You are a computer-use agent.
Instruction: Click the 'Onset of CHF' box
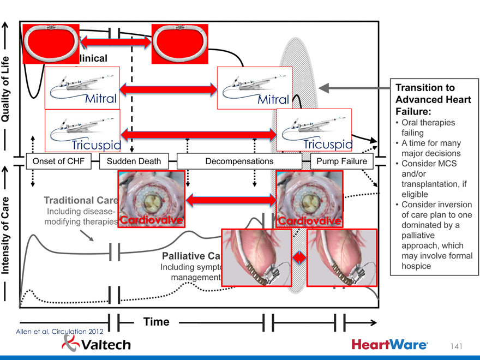tap(62, 161)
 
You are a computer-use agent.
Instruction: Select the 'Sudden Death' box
tap(134, 161)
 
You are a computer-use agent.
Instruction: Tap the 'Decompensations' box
tap(239, 161)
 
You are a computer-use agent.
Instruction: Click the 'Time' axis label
tap(156, 322)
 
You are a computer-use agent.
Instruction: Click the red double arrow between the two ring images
tap(116, 41)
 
